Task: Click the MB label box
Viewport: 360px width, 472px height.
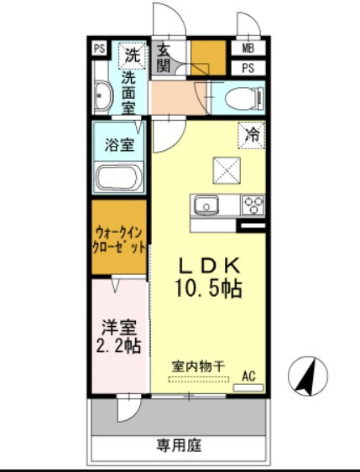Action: point(248,48)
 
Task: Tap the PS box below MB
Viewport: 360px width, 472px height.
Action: point(248,67)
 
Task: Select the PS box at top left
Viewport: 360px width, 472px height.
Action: point(100,48)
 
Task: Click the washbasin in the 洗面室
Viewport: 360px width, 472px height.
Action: point(102,96)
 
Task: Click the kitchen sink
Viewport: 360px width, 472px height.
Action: point(206,205)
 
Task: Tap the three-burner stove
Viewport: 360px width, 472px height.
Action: point(253,204)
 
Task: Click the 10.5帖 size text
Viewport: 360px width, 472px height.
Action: point(210,289)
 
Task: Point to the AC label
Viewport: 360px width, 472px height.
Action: point(248,376)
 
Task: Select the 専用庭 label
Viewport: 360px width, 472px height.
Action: point(178,444)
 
